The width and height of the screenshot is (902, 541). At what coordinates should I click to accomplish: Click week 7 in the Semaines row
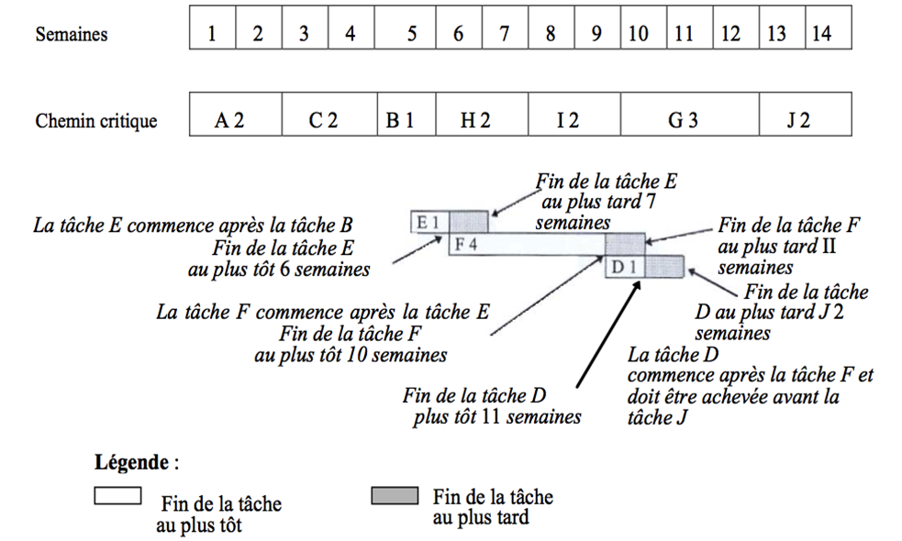tap(505, 34)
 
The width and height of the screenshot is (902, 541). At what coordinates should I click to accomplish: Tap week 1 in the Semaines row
tap(213, 34)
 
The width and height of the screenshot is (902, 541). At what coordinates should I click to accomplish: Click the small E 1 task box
tap(429, 222)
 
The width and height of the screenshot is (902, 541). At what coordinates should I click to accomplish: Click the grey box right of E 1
tap(468, 222)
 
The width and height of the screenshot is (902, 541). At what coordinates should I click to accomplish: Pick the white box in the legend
tap(117, 496)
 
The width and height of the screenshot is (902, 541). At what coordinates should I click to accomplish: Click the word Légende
tap(131, 461)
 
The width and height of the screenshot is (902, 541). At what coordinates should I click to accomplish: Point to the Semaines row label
tap(72, 35)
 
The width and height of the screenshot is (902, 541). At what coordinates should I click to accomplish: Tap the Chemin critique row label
tap(96, 120)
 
